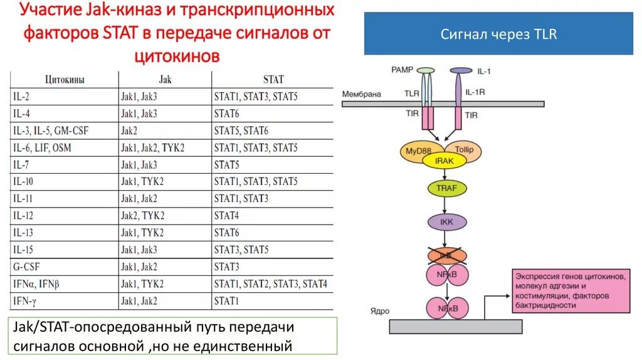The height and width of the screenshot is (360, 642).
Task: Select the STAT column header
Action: coord(273,80)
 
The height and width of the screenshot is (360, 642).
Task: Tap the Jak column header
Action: coord(165,80)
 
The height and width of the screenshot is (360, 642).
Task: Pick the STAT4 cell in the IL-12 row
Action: coord(227,215)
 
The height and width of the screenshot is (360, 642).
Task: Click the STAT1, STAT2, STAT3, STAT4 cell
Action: coord(270,283)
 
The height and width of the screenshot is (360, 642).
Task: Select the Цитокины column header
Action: coord(65,80)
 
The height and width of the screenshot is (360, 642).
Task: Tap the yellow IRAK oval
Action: coord(444,161)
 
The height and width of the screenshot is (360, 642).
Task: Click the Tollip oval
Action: coord(465,150)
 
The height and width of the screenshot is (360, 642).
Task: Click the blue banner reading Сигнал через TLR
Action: coord(498,34)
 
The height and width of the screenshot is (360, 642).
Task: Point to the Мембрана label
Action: coord(362,94)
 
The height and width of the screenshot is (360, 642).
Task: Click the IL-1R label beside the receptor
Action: coord(475,93)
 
